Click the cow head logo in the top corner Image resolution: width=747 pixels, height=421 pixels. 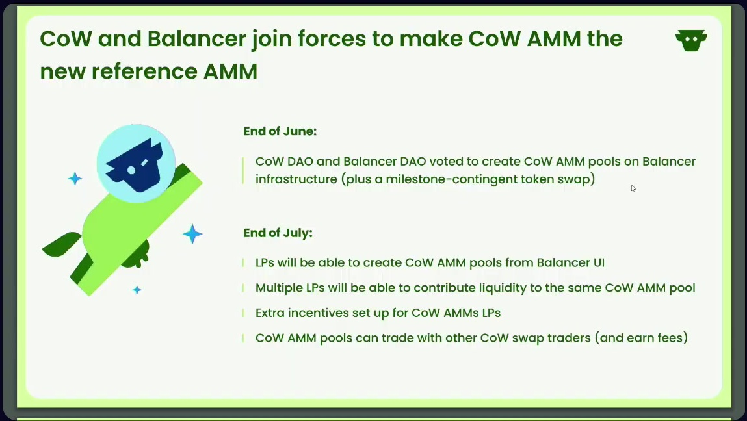click(691, 40)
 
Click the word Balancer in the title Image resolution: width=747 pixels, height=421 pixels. click(197, 38)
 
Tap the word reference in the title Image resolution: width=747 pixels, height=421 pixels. click(144, 71)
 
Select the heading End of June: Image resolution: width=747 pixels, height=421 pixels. click(280, 131)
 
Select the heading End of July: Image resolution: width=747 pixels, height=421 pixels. click(278, 233)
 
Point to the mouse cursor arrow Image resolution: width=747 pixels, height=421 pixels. click(633, 188)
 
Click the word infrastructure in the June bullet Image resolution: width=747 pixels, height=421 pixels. click(296, 179)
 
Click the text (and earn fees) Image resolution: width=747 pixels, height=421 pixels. click(641, 338)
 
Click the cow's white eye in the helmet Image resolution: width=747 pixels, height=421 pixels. click(131, 170)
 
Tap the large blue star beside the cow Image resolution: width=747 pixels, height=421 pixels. click(192, 234)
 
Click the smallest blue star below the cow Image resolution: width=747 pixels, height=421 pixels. click(137, 290)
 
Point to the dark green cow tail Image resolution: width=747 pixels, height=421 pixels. click(62, 244)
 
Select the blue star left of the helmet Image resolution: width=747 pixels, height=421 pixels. click(75, 179)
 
